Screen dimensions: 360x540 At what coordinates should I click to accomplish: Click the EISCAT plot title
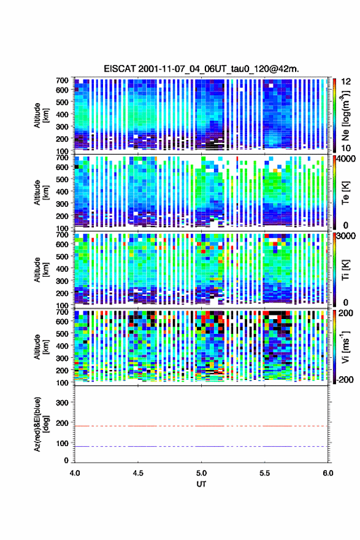[x=201, y=69]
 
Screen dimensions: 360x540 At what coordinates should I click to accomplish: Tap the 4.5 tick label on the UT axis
[x=138, y=473]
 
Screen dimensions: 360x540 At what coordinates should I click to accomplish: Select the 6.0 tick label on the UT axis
[x=328, y=473]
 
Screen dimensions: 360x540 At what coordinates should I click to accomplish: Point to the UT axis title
[x=201, y=484]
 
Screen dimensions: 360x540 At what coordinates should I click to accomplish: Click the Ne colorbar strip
[x=334, y=115]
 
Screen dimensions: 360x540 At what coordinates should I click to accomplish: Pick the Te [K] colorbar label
[x=345, y=193]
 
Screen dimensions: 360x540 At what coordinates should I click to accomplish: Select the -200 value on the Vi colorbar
[x=345, y=379]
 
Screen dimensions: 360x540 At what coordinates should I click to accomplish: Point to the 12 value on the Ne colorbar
[x=347, y=82]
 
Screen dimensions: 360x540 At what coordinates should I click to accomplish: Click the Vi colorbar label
[x=345, y=347]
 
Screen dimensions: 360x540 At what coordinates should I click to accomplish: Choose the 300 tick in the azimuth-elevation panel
[x=63, y=403]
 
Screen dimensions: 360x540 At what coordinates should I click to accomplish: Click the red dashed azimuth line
[x=201, y=426]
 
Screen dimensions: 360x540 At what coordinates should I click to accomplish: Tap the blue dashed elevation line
[x=201, y=446]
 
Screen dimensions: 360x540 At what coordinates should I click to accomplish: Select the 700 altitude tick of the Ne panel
[x=63, y=80]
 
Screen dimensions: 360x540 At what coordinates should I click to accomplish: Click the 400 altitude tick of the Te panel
[x=63, y=191]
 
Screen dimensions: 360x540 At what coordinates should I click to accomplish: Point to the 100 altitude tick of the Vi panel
[x=63, y=383]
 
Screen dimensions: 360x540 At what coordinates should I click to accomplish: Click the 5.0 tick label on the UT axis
[x=201, y=473]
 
